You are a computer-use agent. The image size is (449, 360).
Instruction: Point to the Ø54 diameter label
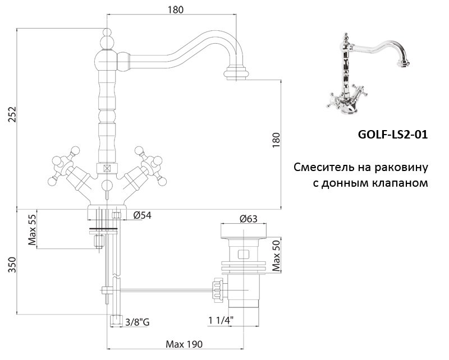142,215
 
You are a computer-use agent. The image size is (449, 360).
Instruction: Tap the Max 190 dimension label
184,344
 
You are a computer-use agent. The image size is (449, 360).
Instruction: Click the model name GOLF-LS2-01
392,135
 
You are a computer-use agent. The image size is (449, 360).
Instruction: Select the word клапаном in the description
400,183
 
